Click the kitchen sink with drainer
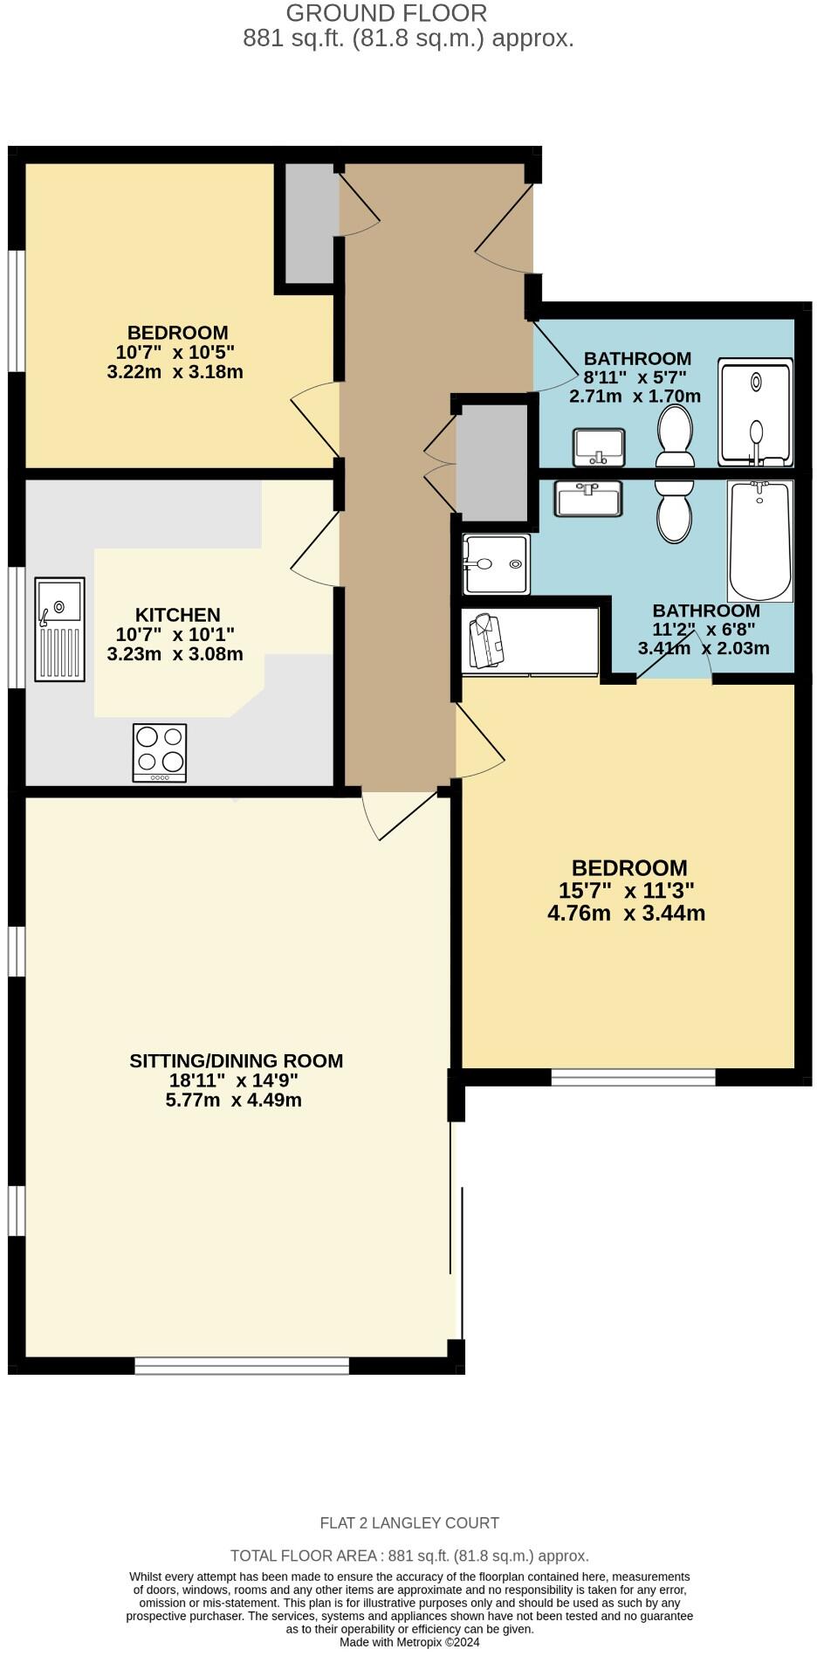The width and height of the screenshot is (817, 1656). [x=59, y=629]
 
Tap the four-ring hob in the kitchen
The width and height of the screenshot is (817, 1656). [x=160, y=753]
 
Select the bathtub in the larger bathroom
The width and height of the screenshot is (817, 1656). [x=759, y=542]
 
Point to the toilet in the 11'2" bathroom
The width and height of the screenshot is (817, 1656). [x=674, y=511]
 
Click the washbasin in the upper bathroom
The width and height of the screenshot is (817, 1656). [x=599, y=447]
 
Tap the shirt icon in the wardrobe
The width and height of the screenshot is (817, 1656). [x=486, y=642]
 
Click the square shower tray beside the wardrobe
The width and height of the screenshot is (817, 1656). [x=496, y=564]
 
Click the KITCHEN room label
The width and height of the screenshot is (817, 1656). [x=177, y=615]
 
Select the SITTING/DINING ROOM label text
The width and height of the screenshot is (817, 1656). [x=236, y=1060]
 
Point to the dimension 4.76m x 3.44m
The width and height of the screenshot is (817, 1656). [x=626, y=914]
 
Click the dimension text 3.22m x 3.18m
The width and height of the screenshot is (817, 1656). [x=175, y=372]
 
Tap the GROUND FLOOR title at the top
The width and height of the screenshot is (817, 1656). [x=386, y=13]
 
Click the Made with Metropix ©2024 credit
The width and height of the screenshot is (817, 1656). [x=409, y=1642]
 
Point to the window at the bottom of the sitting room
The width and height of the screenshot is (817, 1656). [x=242, y=1365]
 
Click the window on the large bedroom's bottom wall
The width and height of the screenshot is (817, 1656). [x=633, y=1077]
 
